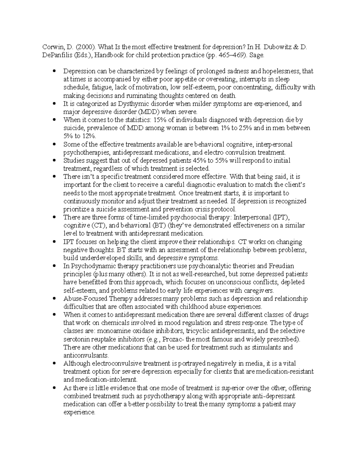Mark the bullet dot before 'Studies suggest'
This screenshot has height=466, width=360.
click(x=54, y=161)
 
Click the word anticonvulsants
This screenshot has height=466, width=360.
click(x=85, y=355)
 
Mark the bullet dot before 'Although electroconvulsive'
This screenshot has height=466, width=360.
click(x=54, y=363)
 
